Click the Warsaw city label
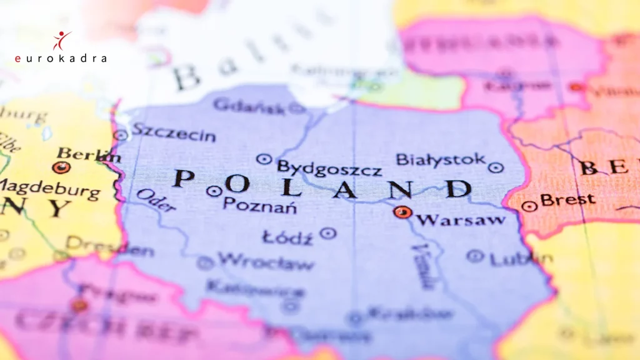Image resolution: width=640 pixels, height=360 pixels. click(x=461, y=219)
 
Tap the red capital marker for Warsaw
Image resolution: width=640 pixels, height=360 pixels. click(x=402, y=212)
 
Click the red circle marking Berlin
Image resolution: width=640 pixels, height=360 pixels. click(x=61, y=167)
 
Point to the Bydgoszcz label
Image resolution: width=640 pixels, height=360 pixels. click(x=329, y=168)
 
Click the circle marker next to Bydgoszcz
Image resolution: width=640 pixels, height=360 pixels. click(x=264, y=159)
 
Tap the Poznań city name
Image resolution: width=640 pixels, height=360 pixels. click(x=259, y=205)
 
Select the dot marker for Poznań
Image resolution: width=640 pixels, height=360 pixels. click(x=214, y=191)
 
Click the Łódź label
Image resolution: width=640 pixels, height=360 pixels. click(x=287, y=238)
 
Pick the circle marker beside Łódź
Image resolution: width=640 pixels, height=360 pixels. click(x=327, y=233)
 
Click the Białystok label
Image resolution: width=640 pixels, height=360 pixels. click(x=441, y=160)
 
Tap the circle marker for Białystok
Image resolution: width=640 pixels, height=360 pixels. click(x=496, y=167)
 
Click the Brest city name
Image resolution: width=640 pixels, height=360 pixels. click(x=567, y=200)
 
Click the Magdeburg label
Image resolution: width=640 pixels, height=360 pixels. click(x=50, y=188)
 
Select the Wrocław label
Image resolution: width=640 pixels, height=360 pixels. click(x=266, y=262)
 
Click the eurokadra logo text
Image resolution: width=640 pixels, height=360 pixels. click(x=61, y=58)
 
